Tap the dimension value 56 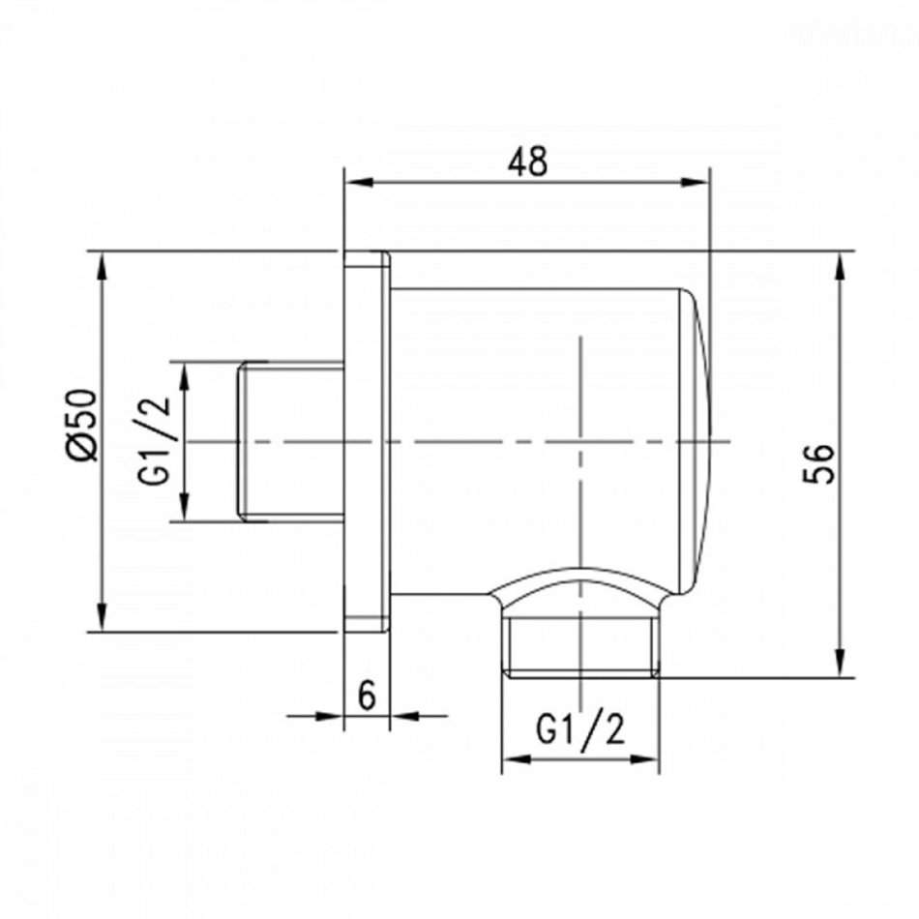[x=818, y=463]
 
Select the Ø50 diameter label [x=81, y=425]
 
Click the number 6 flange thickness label [x=367, y=696]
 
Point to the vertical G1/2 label [x=155, y=441]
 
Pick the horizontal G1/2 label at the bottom [x=580, y=730]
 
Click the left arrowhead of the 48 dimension [x=359, y=182]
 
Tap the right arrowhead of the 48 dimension [x=695, y=182]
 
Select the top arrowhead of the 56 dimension [x=841, y=266]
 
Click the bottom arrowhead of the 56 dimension [x=841, y=663]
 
